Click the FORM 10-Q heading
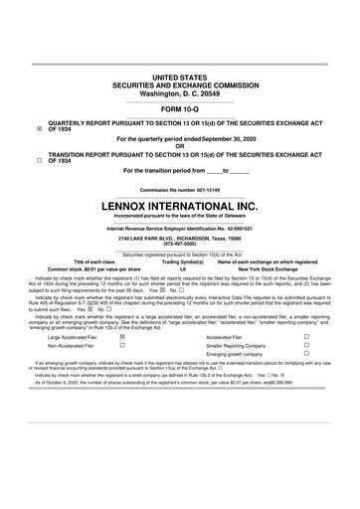[180, 106]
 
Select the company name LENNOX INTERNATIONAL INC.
[180, 206]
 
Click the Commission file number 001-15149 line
[180, 189]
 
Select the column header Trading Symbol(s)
[183, 260]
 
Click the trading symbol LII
[183, 268]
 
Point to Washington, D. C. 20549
[180, 91]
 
